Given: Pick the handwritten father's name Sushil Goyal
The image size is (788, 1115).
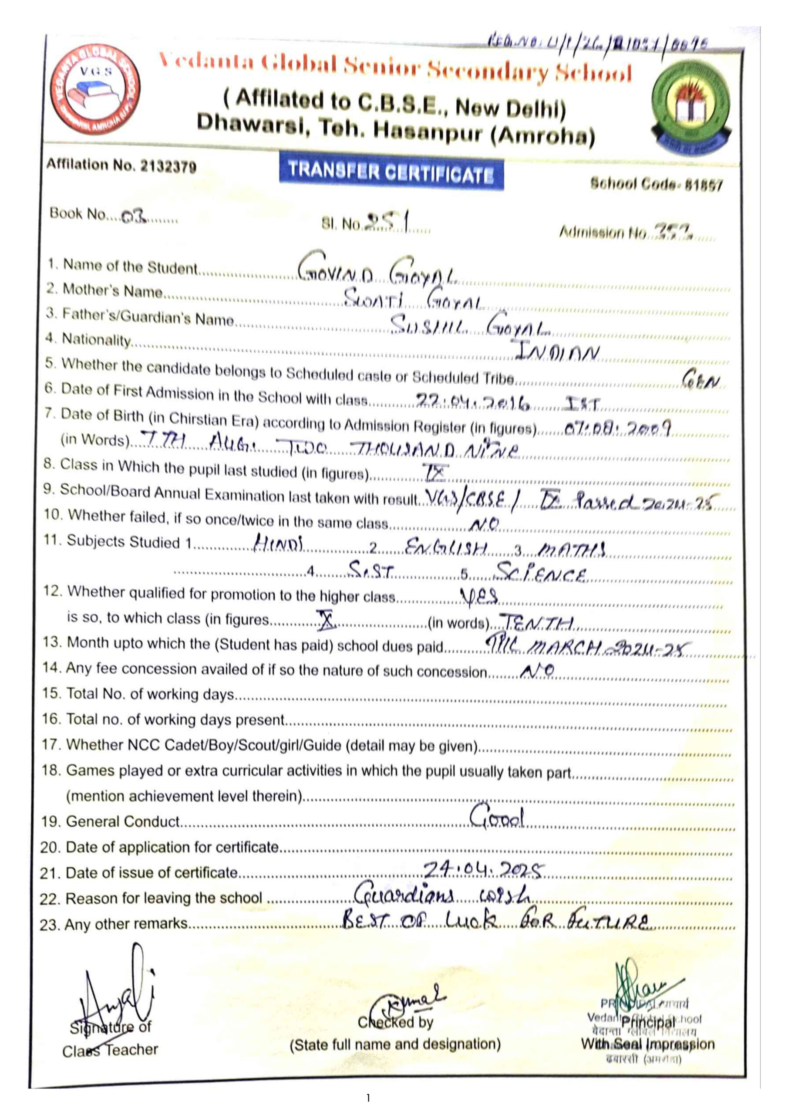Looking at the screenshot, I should click(469, 324).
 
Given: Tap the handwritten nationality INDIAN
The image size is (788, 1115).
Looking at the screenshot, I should click(557, 351).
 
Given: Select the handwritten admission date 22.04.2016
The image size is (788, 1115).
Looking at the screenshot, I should click(472, 402).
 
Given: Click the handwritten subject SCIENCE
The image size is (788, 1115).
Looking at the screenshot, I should click(539, 574).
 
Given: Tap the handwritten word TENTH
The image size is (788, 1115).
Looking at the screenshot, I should click(537, 622).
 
